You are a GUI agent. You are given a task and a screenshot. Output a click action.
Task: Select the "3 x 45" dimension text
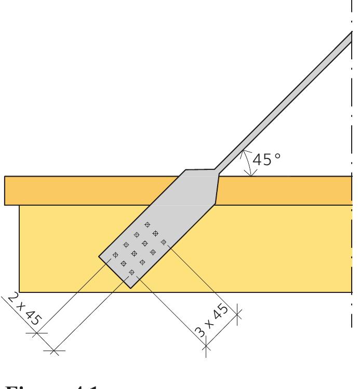tap(214, 322)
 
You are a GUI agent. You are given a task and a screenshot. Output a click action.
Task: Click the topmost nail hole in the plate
tap(147, 224)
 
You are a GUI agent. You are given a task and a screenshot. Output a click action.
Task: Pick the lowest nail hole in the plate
tap(131, 272)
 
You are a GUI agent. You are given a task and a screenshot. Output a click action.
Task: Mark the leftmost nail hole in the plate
tap(115, 255)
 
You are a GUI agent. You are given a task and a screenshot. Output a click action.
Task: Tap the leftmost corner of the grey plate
tap(99, 256)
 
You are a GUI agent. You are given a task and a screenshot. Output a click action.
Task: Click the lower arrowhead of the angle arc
tap(251, 176)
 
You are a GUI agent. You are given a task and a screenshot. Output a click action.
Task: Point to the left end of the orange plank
tap(5, 191)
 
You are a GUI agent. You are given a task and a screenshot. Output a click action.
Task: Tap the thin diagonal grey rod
tap(286, 99)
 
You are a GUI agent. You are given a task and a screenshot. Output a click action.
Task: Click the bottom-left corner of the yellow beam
tap(19, 292)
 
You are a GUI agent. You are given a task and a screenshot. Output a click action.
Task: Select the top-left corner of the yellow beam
tap(19, 205)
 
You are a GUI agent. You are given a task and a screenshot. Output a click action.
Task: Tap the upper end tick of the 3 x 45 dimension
tap(237, 312)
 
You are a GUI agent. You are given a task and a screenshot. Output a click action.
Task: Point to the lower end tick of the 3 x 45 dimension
tap(206, 343)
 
